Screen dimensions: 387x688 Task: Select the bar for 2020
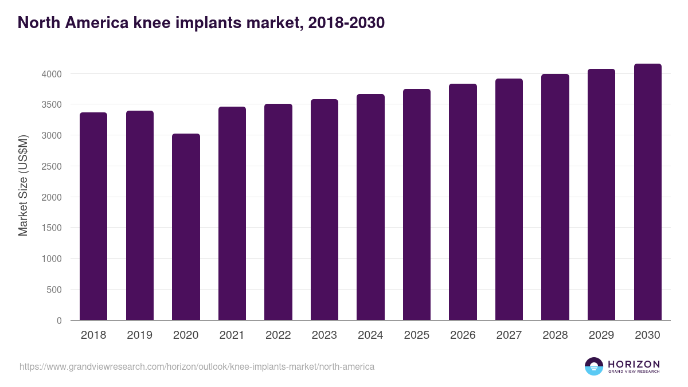(186, 226)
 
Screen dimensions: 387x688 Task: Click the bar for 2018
(93, 216)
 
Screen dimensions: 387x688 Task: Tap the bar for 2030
(647, 191)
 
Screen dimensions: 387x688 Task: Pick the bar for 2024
(370, 207)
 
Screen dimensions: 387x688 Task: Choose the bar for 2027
(509, 199)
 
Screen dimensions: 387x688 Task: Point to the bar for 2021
(232, 213)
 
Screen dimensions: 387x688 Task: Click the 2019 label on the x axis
(140, 335)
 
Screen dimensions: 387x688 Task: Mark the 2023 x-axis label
(325, 335)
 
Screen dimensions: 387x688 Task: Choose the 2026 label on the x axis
(463, 335)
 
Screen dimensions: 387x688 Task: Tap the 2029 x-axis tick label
(601, 335)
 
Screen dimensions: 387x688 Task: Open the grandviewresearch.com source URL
(197, 366)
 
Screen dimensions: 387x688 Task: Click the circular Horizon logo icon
(594, 366)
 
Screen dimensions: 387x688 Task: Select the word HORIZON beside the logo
(634, 363)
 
